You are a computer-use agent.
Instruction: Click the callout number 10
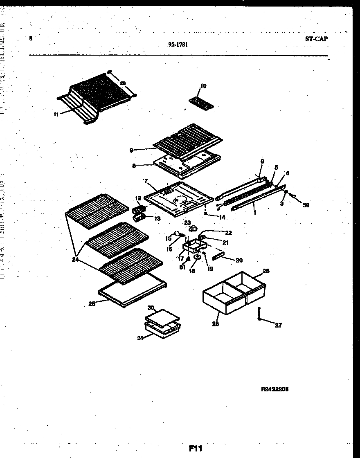203,86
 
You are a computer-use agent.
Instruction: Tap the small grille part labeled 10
202,101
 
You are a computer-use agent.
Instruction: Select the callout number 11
56,114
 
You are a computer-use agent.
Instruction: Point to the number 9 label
131,150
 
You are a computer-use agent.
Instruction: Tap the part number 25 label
92,303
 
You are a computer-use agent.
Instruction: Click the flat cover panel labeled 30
162,316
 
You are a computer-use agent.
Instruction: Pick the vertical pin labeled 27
259,315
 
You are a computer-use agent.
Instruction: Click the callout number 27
279,326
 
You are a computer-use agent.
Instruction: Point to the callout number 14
222,218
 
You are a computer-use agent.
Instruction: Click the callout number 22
228,233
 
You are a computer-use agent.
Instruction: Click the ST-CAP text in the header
316,39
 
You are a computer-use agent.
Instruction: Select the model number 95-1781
178,45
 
